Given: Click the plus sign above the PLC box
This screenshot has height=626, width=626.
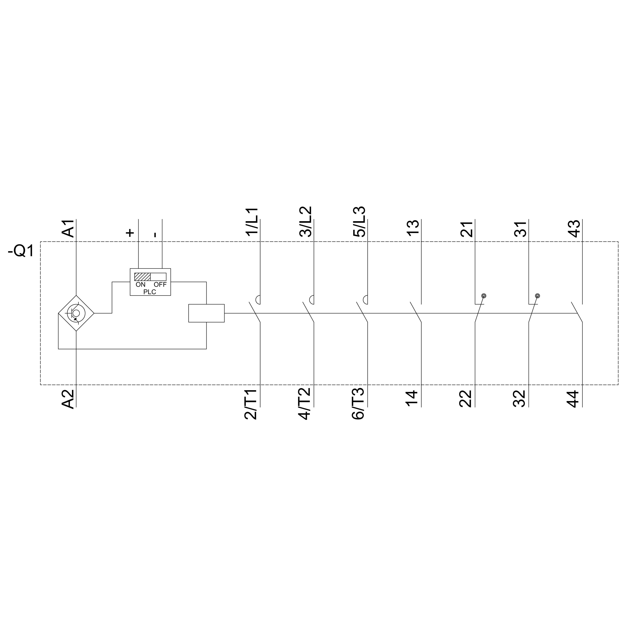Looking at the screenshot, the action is click(x=130, y=233).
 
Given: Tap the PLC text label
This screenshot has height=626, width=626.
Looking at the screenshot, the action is click(x=150, y=292).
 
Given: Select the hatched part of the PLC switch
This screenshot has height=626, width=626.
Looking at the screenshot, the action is click(x=143, y=277).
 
